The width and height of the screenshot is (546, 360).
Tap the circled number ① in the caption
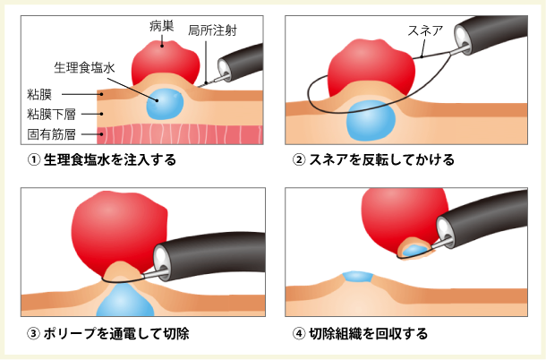[x=34, y=161]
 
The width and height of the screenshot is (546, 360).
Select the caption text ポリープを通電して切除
[x=115, y=334]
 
